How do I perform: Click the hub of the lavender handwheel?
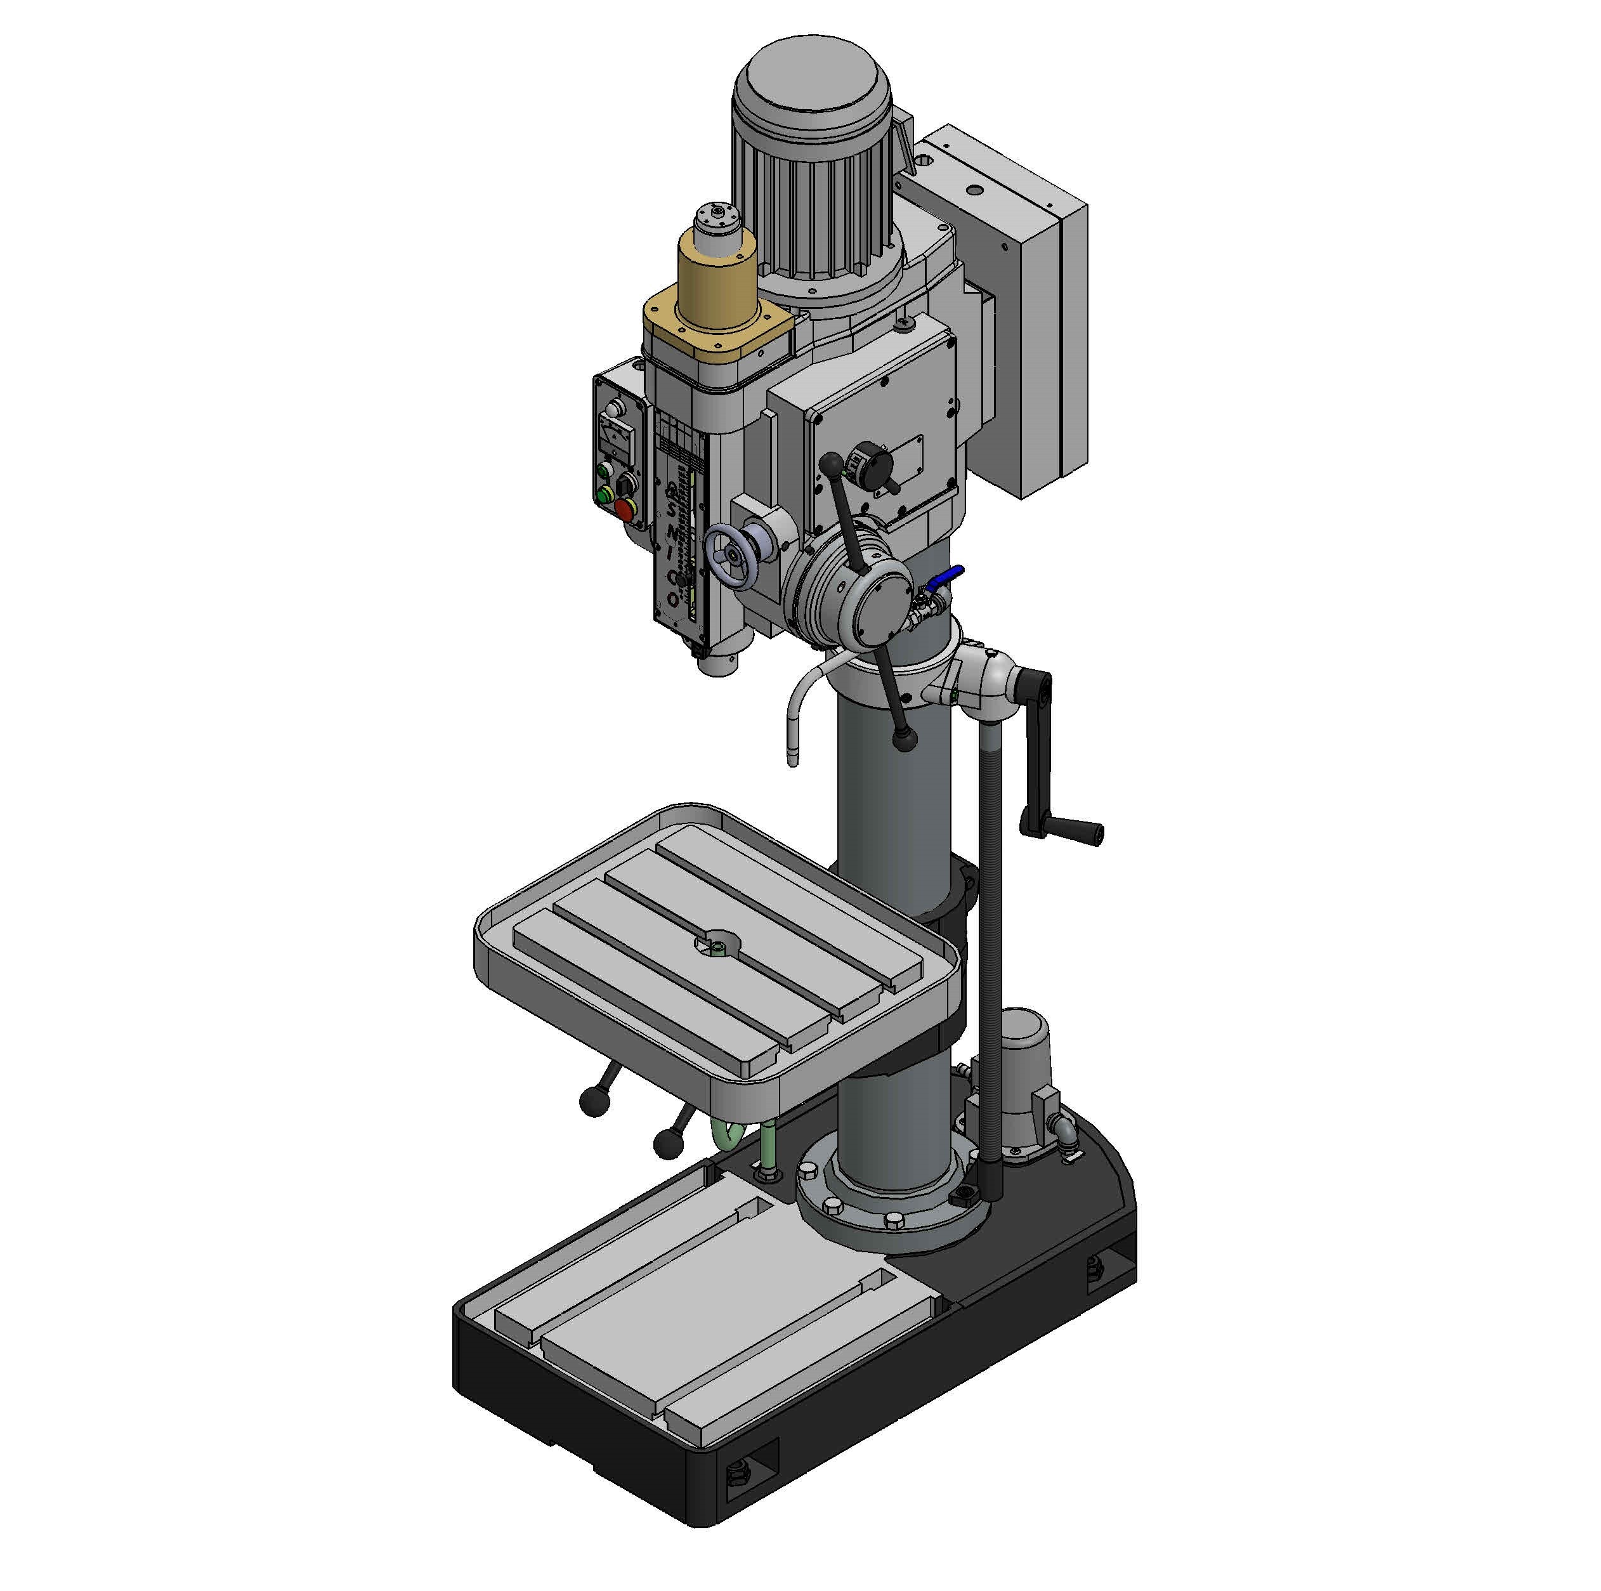pyautogui.click(x=732, y=554)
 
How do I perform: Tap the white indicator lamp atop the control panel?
pyautogui.click(x=614, y=409)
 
